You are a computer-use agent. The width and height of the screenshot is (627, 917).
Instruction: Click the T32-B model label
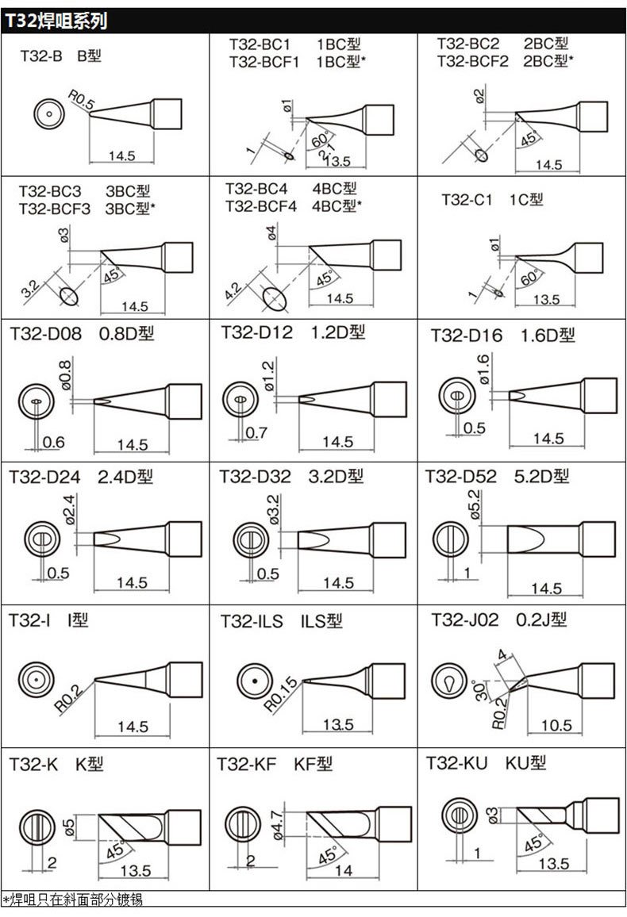(x=40, y=56)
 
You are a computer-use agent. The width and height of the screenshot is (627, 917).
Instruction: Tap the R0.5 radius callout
(x=81, y=100)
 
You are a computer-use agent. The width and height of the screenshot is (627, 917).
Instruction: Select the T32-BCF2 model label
(x=472, y=60)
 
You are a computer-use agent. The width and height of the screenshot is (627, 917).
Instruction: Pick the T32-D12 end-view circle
(x=239, y=398)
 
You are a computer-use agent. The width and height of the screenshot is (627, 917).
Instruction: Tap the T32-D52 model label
(x=460, y=477)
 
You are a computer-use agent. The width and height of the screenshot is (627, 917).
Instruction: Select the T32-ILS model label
(x=251, y=622)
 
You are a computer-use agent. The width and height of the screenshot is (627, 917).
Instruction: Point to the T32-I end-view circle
(x=36, y=680)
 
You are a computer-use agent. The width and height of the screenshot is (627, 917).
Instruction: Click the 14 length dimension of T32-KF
(x=343, y=870)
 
